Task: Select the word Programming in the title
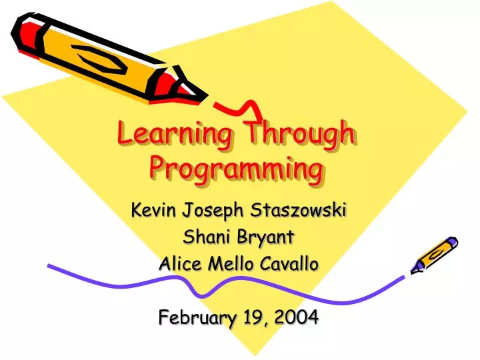[x=237, y=168]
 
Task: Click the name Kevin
[x=153, y=211]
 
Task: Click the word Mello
[x=231, y=263]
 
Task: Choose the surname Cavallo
[x=291, y=263]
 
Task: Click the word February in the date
[x=194, y=318]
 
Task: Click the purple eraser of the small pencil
[x=452, y=242]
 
